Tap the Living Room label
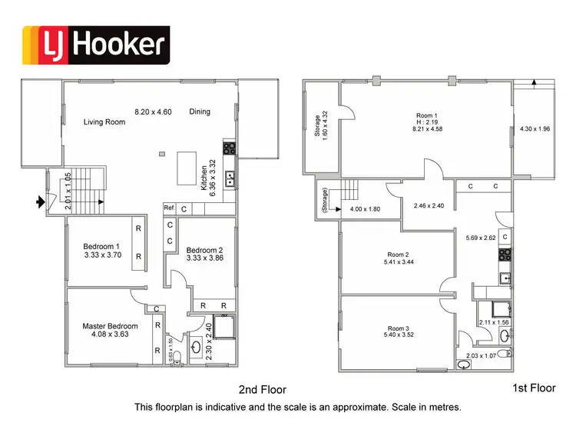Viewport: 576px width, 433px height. (104, 122)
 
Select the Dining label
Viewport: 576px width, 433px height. (199, 112)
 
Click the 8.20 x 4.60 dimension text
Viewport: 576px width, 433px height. (153, 112)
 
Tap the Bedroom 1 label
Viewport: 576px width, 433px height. (102, 251)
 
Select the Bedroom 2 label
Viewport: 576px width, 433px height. (205, 255)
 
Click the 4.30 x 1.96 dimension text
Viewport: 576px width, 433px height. (535, 128)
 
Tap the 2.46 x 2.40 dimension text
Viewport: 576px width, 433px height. (429, 207)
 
